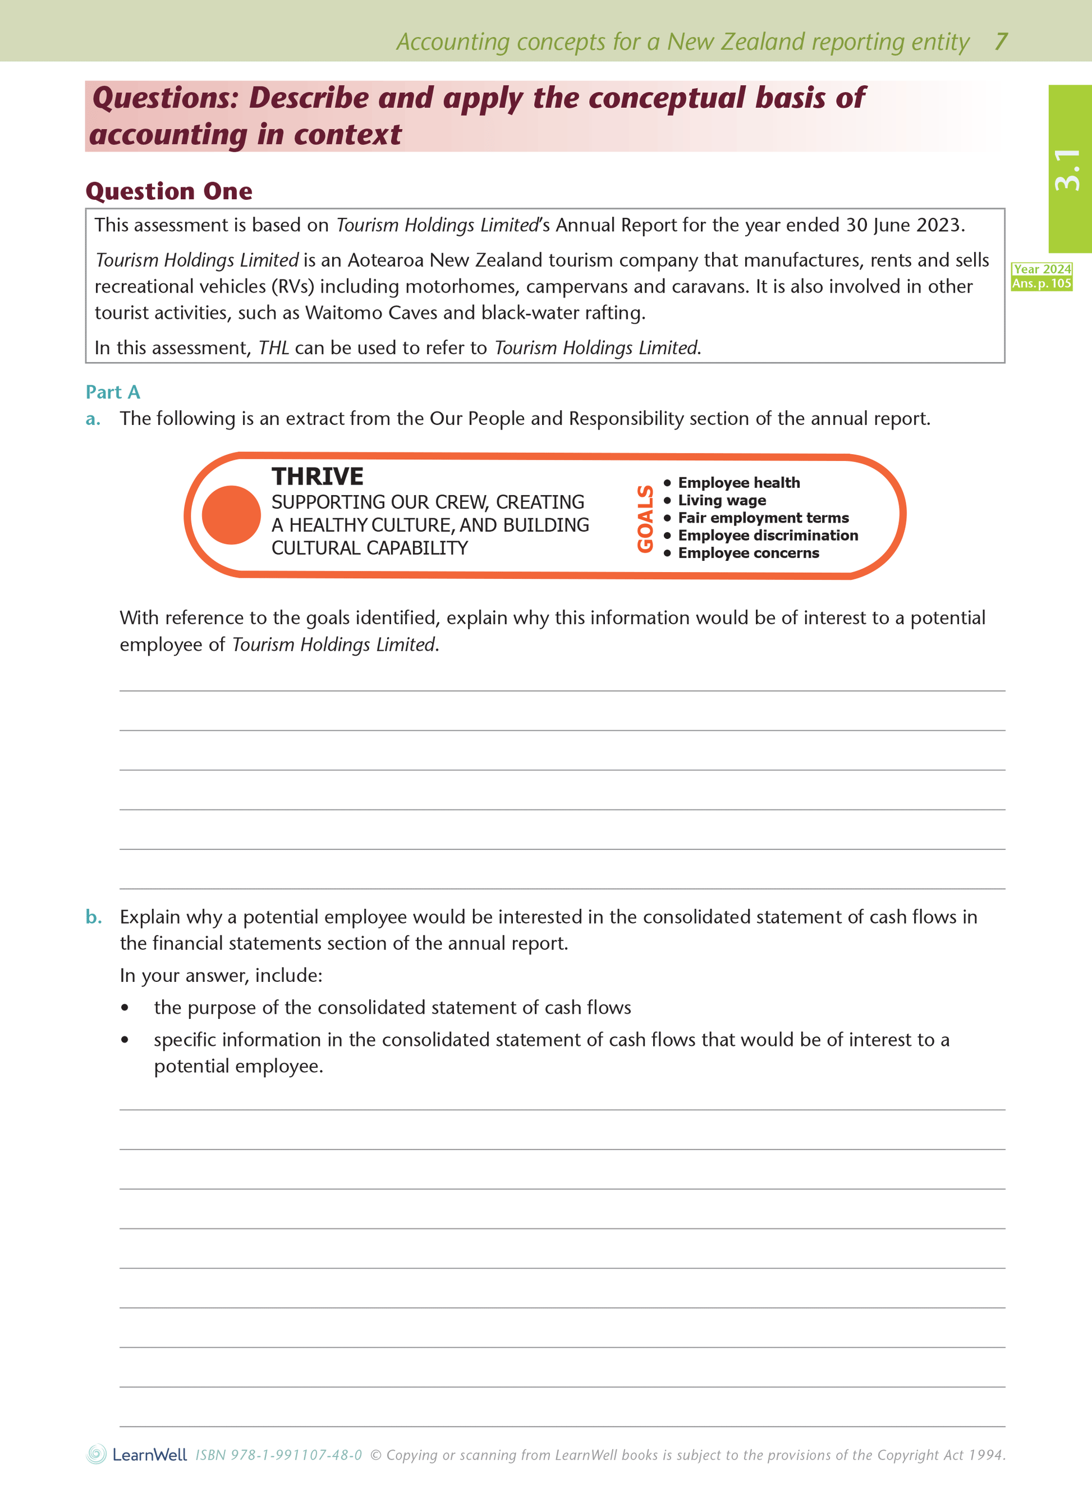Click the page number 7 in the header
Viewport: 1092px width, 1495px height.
[x=1001, y=42]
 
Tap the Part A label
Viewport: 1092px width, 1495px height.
[x=112, y=392]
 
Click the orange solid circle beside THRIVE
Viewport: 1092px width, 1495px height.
[x=231, y=515]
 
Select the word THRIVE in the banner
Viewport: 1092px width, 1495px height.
[x=317, y=476]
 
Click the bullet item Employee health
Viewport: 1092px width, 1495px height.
[x=738, y=483]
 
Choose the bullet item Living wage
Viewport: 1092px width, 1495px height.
[x=722, y=501]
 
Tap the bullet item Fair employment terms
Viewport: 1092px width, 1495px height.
[x=763, y=518]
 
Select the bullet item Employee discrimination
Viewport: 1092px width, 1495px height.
[x=768, y=536]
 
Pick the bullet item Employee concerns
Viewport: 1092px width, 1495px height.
[x=748, y=554]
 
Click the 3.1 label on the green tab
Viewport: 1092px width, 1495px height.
[x=1067, y=170]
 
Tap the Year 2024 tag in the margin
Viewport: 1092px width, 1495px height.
[x=1041, y=269]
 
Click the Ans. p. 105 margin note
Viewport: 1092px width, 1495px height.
[x=1041, y=284]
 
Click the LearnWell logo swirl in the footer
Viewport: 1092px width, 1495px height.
[x=97, y=1454]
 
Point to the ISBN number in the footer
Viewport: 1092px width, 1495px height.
[x=278, y=1455]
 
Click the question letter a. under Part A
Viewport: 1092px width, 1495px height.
[x=93, y=419]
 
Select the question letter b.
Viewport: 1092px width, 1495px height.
[x=93, y=917]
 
